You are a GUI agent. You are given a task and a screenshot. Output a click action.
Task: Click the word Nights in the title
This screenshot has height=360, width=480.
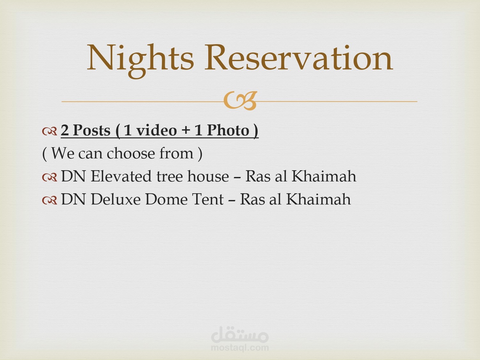click(x=140, y=60)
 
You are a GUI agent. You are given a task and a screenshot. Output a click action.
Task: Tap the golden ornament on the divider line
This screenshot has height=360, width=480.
click(x=240, y=100)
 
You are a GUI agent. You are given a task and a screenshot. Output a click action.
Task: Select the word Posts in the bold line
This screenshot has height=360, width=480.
click(x=92, y=131)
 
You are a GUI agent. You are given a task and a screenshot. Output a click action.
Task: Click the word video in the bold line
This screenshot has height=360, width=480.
click(x=156, y=130)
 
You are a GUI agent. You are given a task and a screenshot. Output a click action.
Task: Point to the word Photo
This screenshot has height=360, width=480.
click(x=228, y=130)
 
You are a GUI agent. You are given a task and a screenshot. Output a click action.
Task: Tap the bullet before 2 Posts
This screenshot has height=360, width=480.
click(x=50, y=131)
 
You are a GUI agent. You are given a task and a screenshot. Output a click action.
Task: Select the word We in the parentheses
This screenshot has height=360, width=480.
click(x=63, y=154)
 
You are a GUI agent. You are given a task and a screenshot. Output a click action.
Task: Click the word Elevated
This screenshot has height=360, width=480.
click(x=121, y=176)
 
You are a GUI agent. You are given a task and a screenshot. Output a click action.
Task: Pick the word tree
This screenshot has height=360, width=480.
click(x=170, y=177)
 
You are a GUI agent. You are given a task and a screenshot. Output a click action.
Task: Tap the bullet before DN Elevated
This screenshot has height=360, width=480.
click(x=50, y=177)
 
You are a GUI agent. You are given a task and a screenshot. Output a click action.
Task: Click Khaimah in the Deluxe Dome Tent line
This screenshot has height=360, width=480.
click(x=318, y=199)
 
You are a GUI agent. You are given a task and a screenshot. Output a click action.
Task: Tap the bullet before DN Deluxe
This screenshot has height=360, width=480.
click(x=50, y=200)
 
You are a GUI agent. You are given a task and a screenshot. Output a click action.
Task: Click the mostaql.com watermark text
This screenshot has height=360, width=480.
click(x=240, y=348)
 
